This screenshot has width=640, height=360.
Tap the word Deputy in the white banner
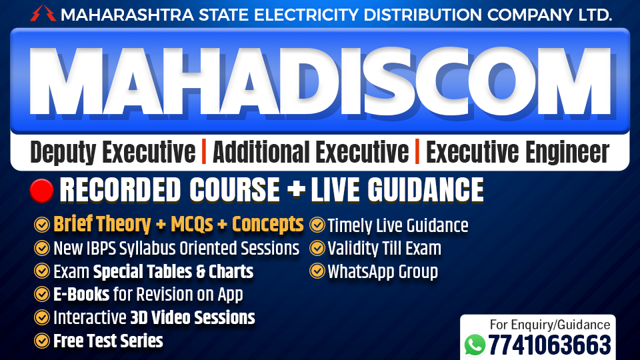click(65, 153)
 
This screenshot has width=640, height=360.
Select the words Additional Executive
click(311, 153)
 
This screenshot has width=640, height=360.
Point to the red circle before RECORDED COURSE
click(41, 191)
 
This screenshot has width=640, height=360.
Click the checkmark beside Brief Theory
click(42, 225)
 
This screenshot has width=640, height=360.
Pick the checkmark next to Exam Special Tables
click(42, 272)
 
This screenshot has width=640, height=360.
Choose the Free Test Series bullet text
click(108, 341)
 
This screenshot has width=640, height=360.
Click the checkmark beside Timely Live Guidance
click(317, 225)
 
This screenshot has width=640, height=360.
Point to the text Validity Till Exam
click(384, 249)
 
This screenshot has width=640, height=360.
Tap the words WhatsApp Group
click(383, 272)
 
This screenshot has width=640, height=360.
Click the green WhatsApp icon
click(475, 344)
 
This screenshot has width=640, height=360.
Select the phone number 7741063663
click(549, 345)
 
